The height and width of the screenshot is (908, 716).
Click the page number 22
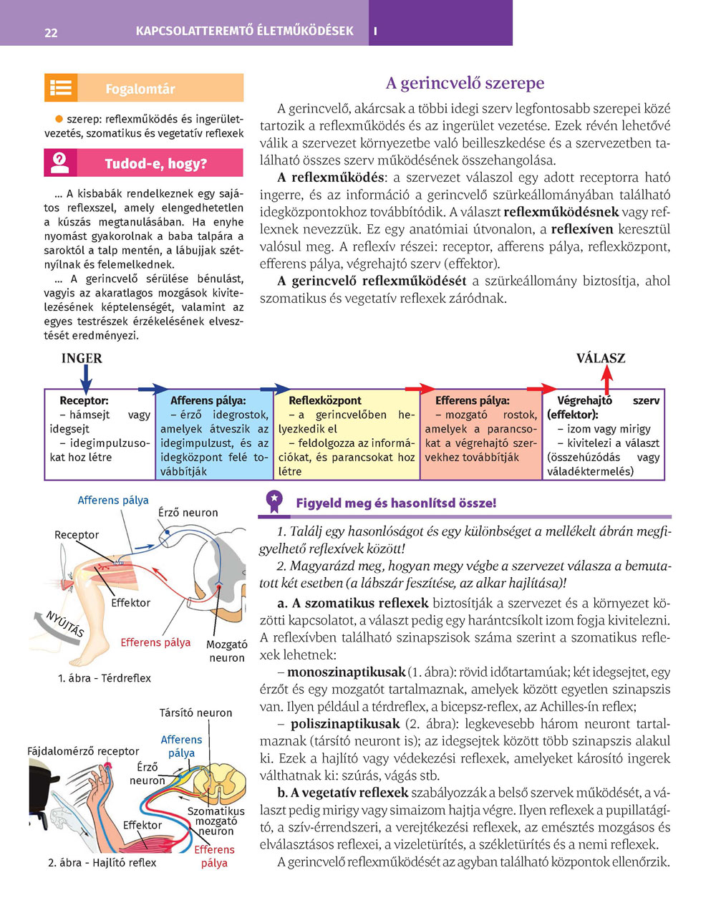click(x=51, y=32)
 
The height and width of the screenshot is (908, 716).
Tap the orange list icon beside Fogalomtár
click(x=61, y=88)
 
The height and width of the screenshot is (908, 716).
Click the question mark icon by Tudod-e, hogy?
click(x=60, y=163)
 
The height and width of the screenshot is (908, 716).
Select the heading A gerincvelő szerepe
click(x=465, y=83)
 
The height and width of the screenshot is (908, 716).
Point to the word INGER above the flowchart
click(x=82, y=358)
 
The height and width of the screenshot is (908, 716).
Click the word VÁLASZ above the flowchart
click(x=601, y=358)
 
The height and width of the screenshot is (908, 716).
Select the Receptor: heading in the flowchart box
click(x=84, y=401)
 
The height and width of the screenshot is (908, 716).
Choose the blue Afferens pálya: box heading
click(x=208, y=401)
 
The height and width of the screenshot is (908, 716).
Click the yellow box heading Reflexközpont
click(x=324, y=401)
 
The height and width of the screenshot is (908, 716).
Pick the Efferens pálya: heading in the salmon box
click(x=472, y=401)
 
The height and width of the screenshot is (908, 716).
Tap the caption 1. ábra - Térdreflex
click(x=105, y=678)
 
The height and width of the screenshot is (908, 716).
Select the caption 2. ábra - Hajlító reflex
click(x=102, y=862)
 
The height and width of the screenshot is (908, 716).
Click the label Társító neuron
click(x=195, y=713)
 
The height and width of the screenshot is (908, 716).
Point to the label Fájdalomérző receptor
click(x=83, y=751)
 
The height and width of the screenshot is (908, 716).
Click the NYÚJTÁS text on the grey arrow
click(x=65, y=624)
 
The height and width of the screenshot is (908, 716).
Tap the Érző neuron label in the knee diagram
click(x=188, y=513)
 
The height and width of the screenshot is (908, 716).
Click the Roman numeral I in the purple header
click(x=375, y=32)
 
